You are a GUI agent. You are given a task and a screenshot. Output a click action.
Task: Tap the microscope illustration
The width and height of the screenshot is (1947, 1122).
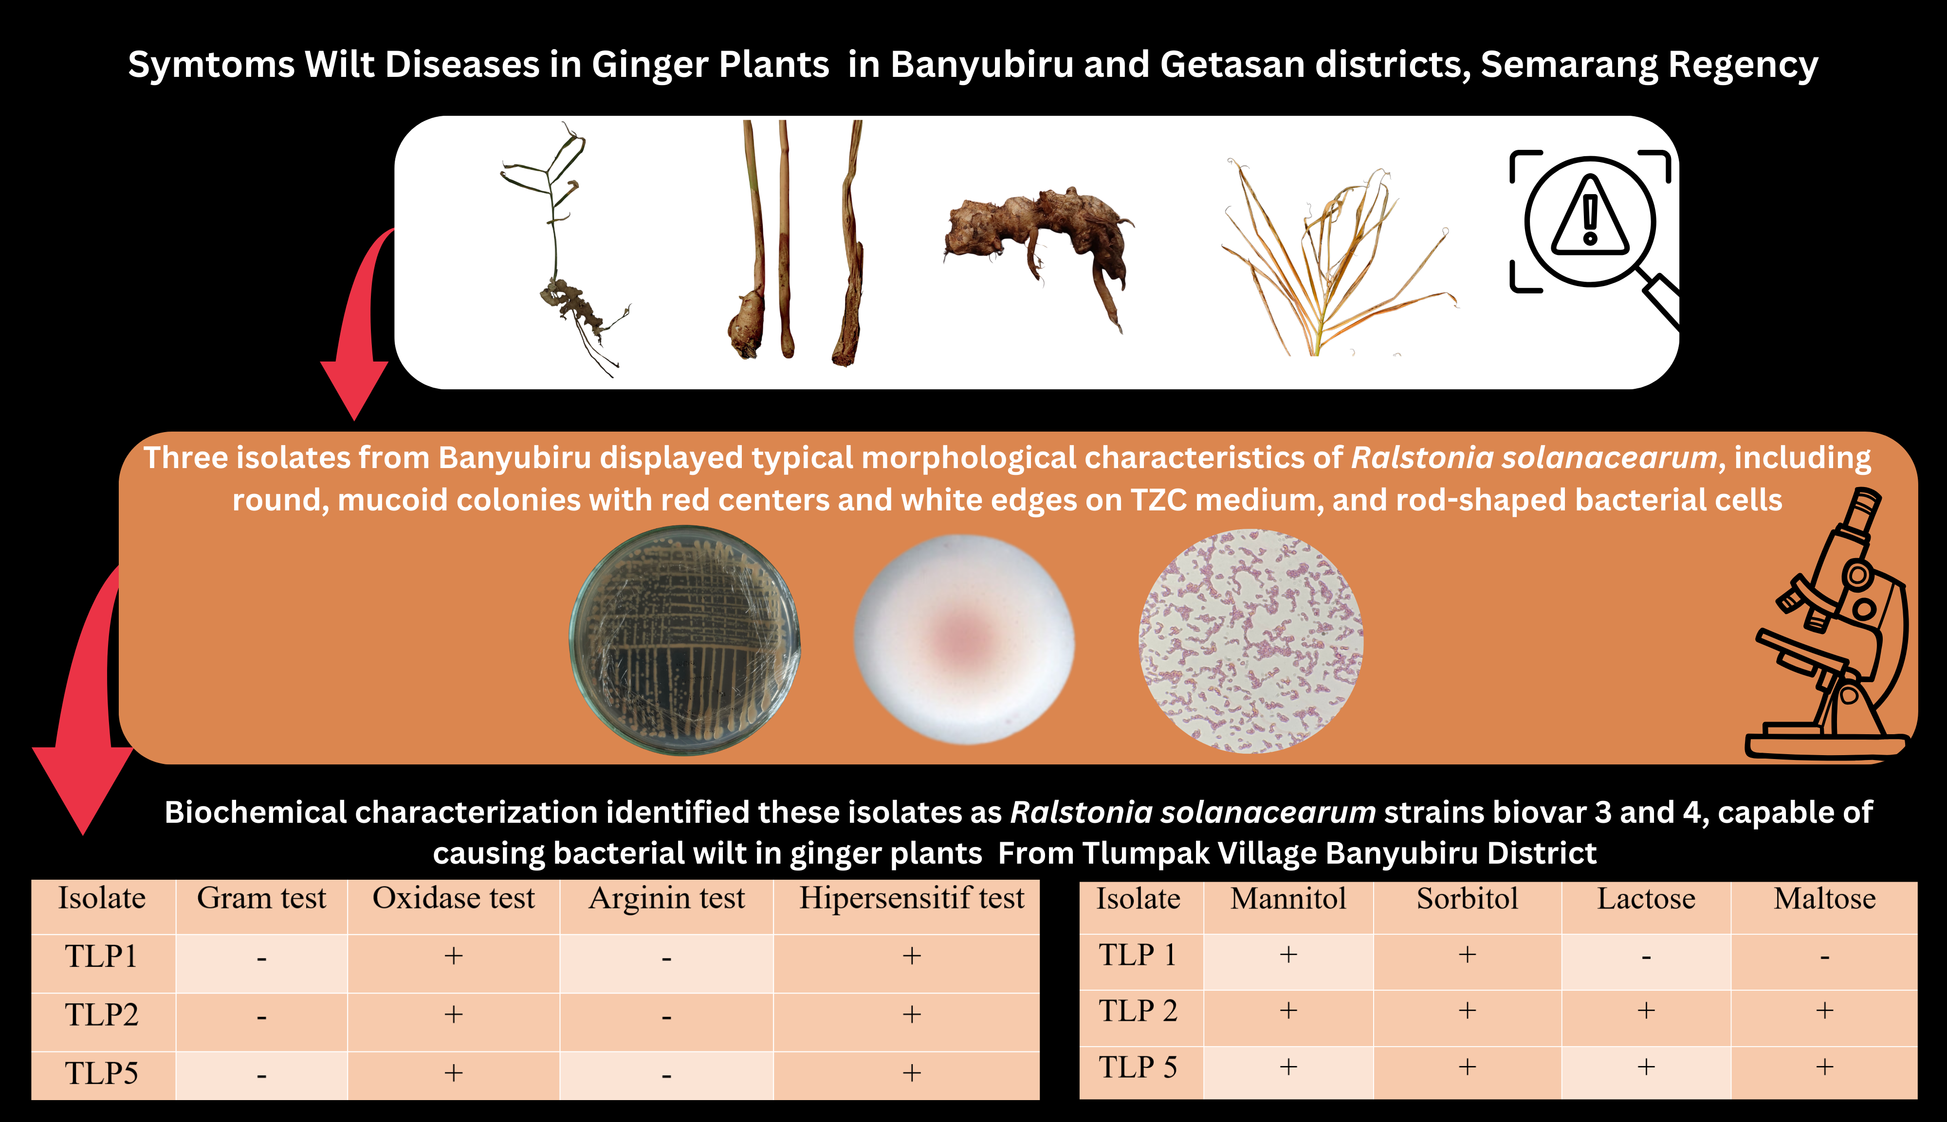[x=1831, y=625]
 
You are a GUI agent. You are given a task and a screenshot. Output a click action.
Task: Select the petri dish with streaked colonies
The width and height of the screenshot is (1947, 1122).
[x=684, y=640]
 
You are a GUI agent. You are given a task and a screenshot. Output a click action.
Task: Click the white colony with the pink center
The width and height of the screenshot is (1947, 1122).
[x=964, y=640]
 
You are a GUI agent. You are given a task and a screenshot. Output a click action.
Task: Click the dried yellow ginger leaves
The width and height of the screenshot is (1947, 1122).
[x=1339, y=257]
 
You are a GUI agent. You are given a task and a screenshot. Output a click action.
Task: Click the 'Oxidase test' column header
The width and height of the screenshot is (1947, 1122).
[x=453, y=899]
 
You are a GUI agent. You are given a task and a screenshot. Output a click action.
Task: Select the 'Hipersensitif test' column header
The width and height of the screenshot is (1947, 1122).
[x=912, y=899]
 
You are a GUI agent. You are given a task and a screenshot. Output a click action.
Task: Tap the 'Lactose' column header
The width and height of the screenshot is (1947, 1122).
[x=1646, y=899]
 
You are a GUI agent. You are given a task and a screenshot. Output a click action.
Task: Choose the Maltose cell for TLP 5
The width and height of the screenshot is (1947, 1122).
[x=1824, y=1068]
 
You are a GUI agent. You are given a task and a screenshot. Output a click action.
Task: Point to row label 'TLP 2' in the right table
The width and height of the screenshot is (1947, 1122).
[x=1138, y=1010]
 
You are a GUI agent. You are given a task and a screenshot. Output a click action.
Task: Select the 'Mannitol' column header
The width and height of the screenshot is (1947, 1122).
[x=1288, y=899]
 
